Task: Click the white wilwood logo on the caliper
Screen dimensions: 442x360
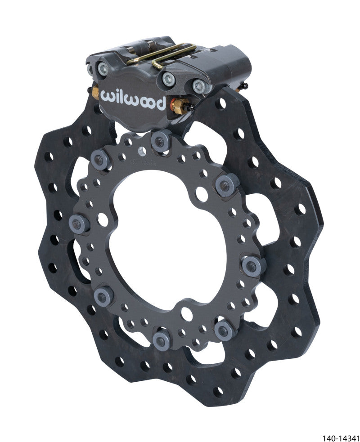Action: [133, 99]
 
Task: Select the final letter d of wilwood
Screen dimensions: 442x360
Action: [160, 104]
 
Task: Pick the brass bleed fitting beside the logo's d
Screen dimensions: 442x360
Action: [179, 107]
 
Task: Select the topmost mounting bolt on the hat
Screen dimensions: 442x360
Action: [159, 140]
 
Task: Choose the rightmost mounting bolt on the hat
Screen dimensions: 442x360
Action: [251, 266]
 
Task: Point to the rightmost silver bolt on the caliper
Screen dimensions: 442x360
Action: [198, 85]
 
